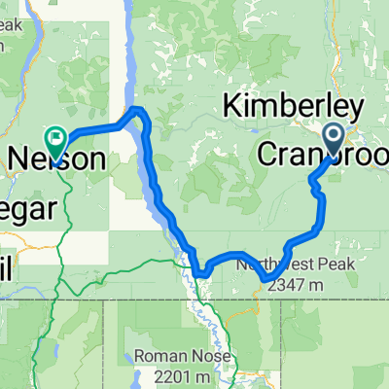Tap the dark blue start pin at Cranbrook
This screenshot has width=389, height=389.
pos(333,137)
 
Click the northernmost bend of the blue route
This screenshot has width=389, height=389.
pos(138,110)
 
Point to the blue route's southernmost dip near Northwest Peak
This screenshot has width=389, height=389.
pos(267,282)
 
